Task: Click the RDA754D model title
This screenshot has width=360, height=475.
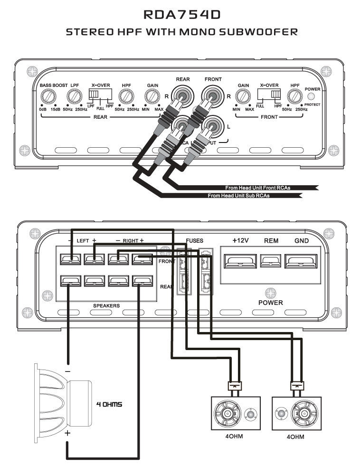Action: [x=182, y=15]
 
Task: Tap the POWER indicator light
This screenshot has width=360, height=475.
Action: [x=312, y=97]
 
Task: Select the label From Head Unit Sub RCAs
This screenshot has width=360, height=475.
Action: [x=238, y=196]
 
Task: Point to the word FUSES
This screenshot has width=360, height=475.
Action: [x=195, y=241]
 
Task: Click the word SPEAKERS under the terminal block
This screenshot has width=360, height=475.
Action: [x=106, y=306]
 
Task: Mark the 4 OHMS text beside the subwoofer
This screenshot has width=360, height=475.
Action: [x=109, y=405]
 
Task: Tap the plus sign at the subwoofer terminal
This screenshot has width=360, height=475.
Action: [x=68, y=433]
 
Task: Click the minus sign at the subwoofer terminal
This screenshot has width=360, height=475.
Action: [x=68, y=370]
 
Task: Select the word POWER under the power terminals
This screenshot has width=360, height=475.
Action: [x=270, y=303]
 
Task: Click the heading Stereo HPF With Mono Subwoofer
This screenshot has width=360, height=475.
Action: [x=182, y=32]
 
